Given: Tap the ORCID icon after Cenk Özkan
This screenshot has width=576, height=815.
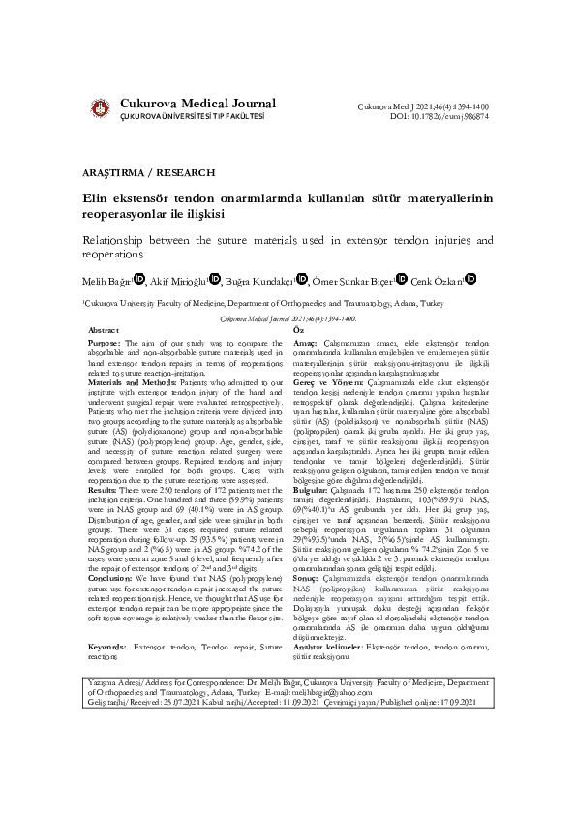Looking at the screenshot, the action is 471,279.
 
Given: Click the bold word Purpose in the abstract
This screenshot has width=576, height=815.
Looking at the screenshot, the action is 104,343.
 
